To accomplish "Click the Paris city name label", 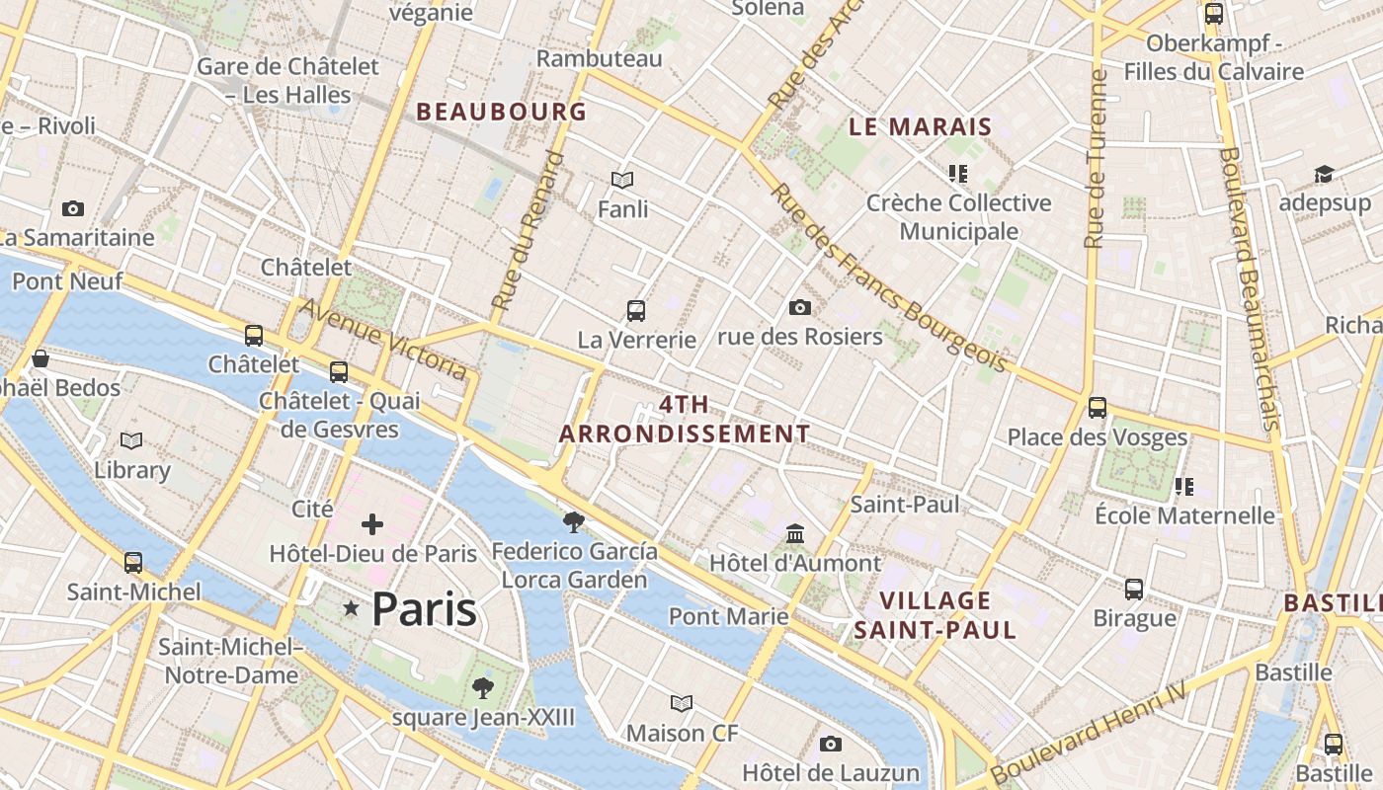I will click(424, 609).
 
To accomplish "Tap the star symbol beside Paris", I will click(351, 609).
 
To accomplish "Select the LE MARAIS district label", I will click(920, 126).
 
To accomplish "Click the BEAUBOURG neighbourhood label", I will click(502, 112).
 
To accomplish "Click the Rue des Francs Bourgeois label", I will click(888, 278).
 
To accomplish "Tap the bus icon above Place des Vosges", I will click(1097, 408).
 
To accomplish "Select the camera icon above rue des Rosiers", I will click(800, 308).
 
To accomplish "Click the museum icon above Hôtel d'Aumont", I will click(795, 534).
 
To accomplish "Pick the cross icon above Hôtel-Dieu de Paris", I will click(372, 524).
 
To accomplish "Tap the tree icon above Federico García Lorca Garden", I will click(573, 521).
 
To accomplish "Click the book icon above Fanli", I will click(622, 180).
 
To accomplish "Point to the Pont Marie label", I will click(729, 617).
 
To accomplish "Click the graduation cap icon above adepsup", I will click(1324, 175).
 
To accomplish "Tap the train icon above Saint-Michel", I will click(133, 563).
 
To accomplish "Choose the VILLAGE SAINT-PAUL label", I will click(935, 615).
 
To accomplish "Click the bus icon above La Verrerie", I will click(636, 311).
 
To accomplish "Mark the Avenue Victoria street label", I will click(383, 339).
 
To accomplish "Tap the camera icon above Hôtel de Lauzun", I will click(831, 744).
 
